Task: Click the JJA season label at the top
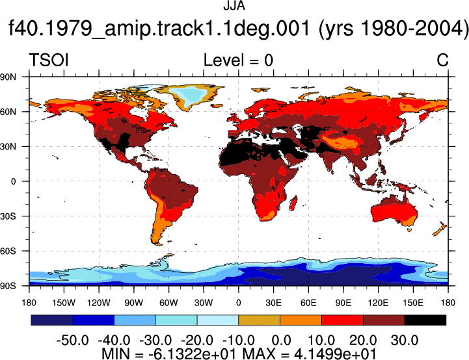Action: (234, 6)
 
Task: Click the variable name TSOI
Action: (49, 60)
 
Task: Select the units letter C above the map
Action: (442, 60)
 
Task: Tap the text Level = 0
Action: (238, 60)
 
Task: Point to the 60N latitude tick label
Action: (8, 112)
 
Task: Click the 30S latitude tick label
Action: (8, 216)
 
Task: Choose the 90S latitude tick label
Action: (8, 286)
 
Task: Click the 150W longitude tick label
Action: (64, 303)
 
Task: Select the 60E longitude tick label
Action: (308, 303)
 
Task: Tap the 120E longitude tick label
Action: (378, 303)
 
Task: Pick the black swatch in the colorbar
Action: (425, 320)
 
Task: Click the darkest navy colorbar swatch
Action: (52, 320)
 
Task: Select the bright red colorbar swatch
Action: (342, 320)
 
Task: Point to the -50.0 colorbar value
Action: (73, 340)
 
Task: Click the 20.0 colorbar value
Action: (363, 340)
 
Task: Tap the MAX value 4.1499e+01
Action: (335, 354)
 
